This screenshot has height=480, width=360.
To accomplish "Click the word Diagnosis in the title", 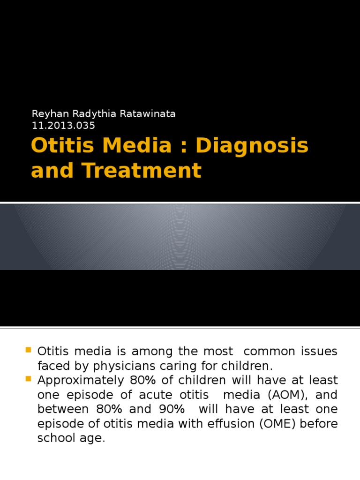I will click(x=252, y=146).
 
